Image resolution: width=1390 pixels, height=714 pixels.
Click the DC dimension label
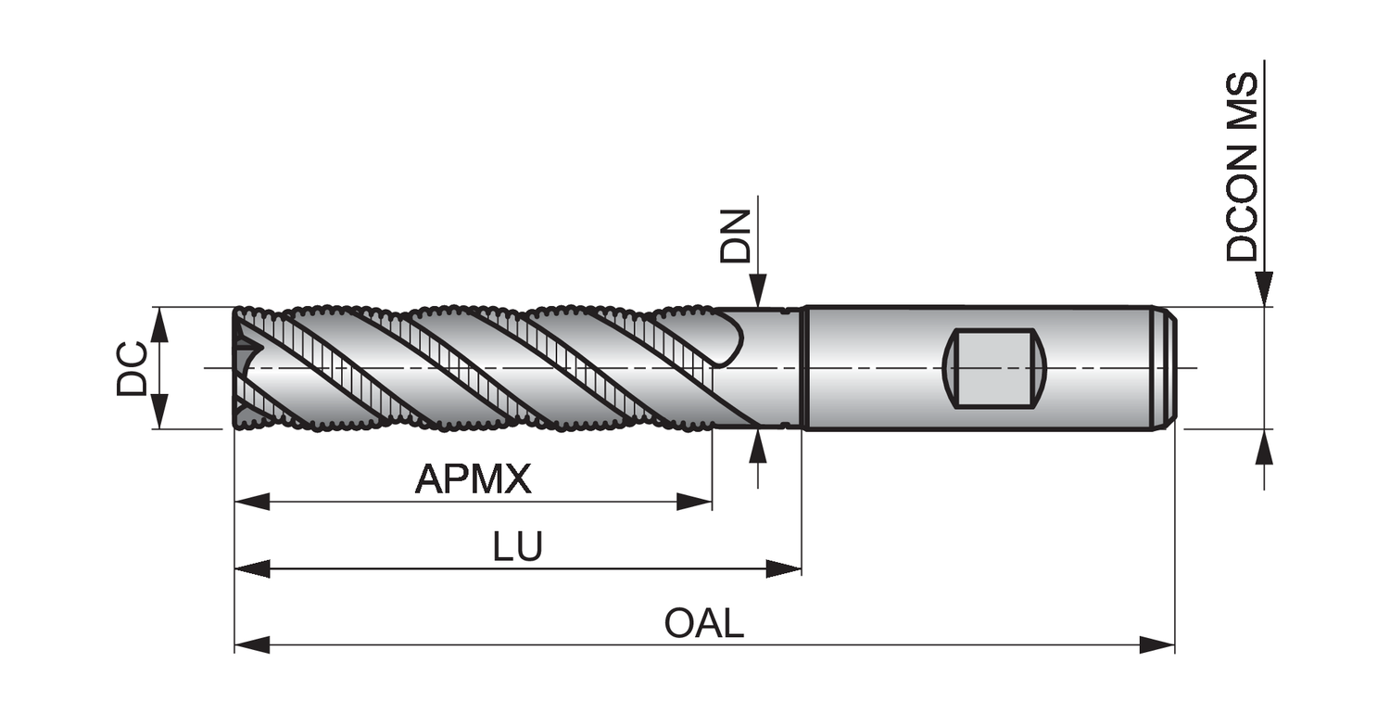click(x=133, y=368)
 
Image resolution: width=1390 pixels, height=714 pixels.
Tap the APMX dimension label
click(x=473, y=479)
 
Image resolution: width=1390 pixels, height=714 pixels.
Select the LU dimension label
click(x=517, y=547)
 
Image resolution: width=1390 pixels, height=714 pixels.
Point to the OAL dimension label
click(x=704, y=623)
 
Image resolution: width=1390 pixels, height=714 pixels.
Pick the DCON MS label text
click(x=1243, y=167)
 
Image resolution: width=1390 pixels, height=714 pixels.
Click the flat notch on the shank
click(x=993, y=367)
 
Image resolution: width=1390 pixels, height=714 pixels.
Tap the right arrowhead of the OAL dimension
click(x=1157, y=644)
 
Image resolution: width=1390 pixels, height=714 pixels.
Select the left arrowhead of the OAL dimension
click(x=252, y=644)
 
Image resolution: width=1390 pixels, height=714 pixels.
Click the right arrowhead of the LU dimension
click(x=784, y=568)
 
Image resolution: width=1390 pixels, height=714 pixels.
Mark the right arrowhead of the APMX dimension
click(x=694, y=502)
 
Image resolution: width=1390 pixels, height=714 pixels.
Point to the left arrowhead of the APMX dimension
click(x=252, y=502)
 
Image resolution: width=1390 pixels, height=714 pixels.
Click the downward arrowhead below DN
click(x=759, y=289)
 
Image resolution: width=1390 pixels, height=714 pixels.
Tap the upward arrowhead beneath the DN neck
click(x=759, y=446)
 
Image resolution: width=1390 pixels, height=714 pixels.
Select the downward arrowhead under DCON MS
click(x=1264, y=288)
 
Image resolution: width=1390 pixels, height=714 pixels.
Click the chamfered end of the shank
click(x=1169, y=367)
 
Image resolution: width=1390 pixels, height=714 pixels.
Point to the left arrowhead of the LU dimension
click(x=252, y=568)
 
